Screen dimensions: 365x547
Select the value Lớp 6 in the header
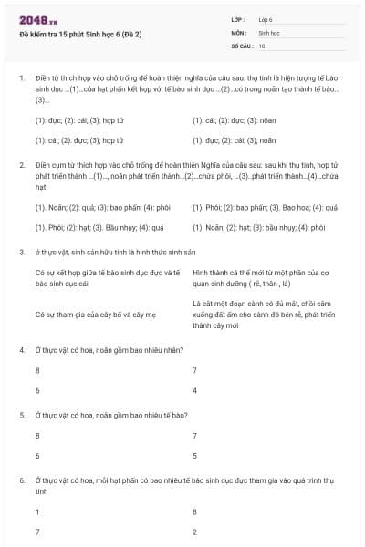coord(266,19)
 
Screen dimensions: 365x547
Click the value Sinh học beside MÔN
coord(268,32)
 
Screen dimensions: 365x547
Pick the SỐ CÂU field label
coord(242,45)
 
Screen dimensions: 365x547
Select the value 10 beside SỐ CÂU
coord(262,45)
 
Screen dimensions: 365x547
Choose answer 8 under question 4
coord(37,370)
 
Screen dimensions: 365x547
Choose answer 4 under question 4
coord(194,390)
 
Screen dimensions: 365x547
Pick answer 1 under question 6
coord(37,511)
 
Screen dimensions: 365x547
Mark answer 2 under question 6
coord(194,531)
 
